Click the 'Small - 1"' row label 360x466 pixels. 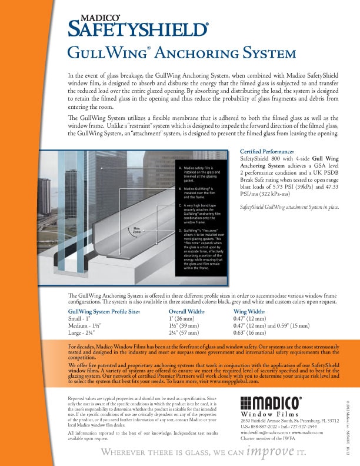pyautogui.click(x=82, y=318)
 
